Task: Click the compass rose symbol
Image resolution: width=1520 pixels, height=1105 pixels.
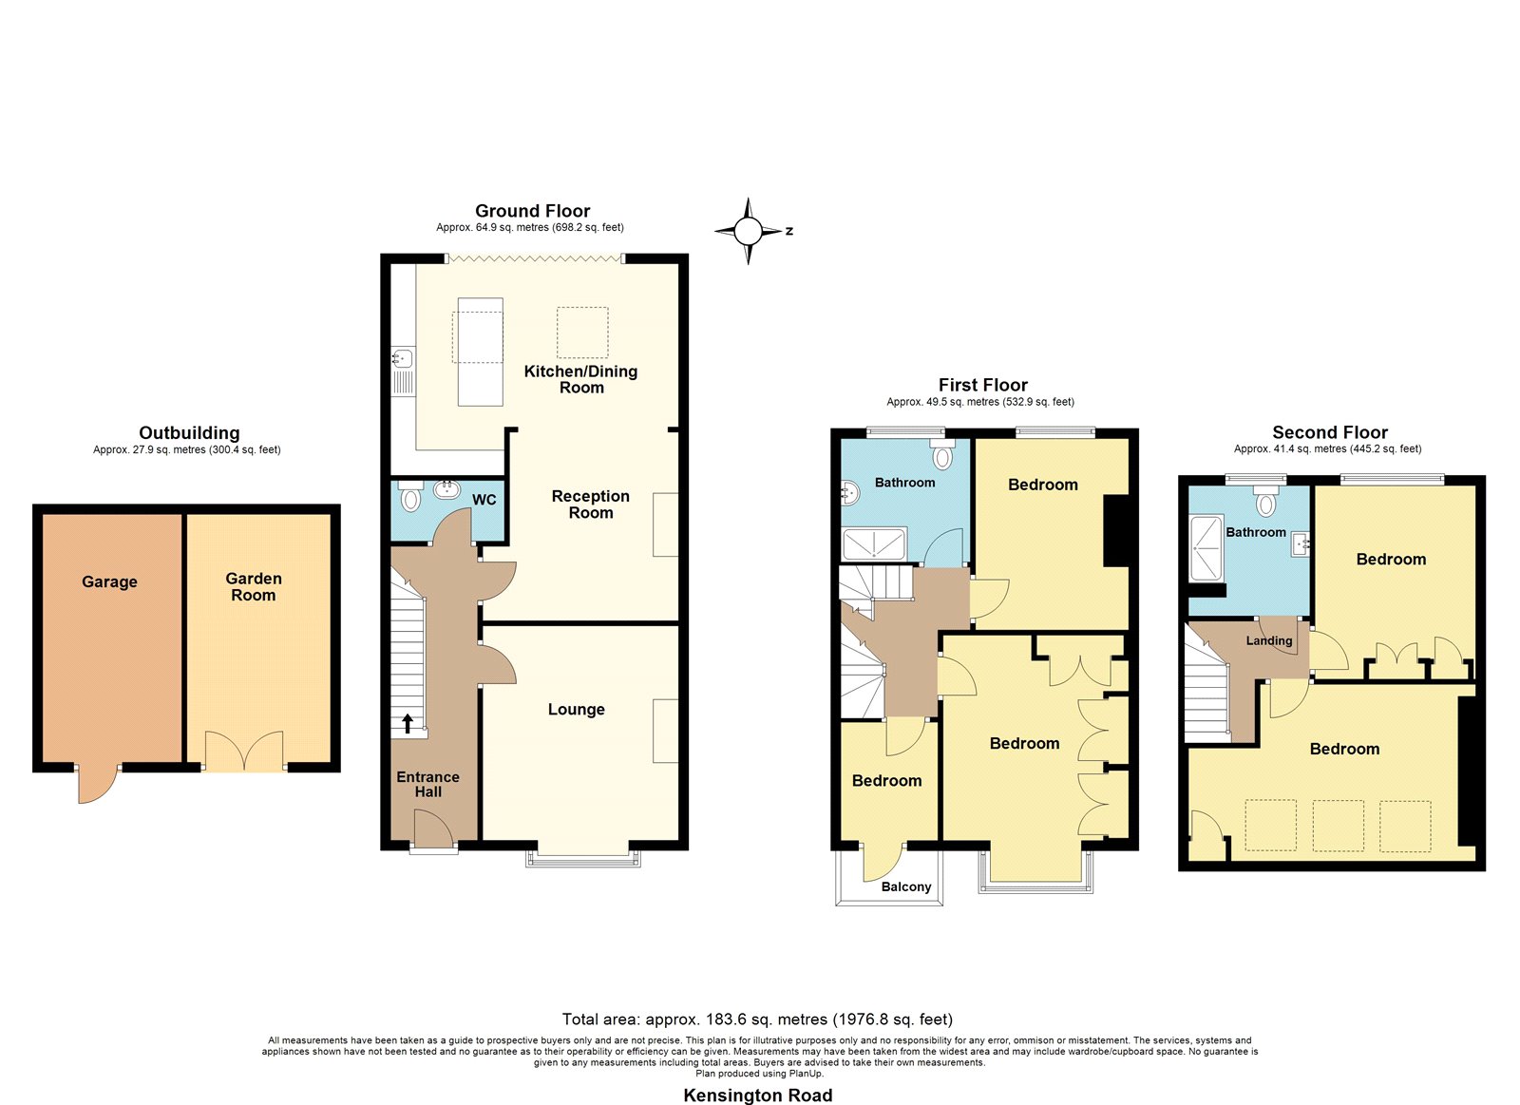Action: [x=749, y=232]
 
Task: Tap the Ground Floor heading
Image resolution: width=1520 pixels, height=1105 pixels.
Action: [x=532, y=210]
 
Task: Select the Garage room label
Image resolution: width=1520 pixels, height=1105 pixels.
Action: [x=109, y=581]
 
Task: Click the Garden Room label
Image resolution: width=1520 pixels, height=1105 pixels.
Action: [x=253, y=587]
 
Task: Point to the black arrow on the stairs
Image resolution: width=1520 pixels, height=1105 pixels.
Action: [x=408, y=724]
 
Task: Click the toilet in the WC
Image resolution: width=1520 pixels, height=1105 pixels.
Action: [x=410, y=497]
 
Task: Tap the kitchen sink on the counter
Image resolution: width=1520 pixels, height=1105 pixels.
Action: [x=403, y=357]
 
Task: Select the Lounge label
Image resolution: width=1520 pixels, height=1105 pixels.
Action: [x=576, y=710]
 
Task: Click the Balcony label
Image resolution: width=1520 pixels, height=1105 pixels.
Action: [x=906, y=886]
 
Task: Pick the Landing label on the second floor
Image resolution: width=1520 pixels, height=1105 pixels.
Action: [x=1269, y=640]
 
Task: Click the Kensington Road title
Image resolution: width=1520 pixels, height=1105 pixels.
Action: [x=757, y=1095]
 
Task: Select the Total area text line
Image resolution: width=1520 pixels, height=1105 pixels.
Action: [x=757, y=1019]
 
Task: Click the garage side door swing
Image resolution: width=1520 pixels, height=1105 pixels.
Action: [x=98, y=786]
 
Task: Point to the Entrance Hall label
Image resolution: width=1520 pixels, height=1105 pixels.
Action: [x=427, y=784]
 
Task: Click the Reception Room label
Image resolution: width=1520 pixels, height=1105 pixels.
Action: [x=590, y=505]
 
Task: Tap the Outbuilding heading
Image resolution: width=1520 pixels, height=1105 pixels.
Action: [x=189, y=433]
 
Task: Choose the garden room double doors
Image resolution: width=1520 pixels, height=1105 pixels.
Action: [x=244, y=751]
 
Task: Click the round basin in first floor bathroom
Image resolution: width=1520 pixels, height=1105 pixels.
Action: [x=850, y=492]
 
